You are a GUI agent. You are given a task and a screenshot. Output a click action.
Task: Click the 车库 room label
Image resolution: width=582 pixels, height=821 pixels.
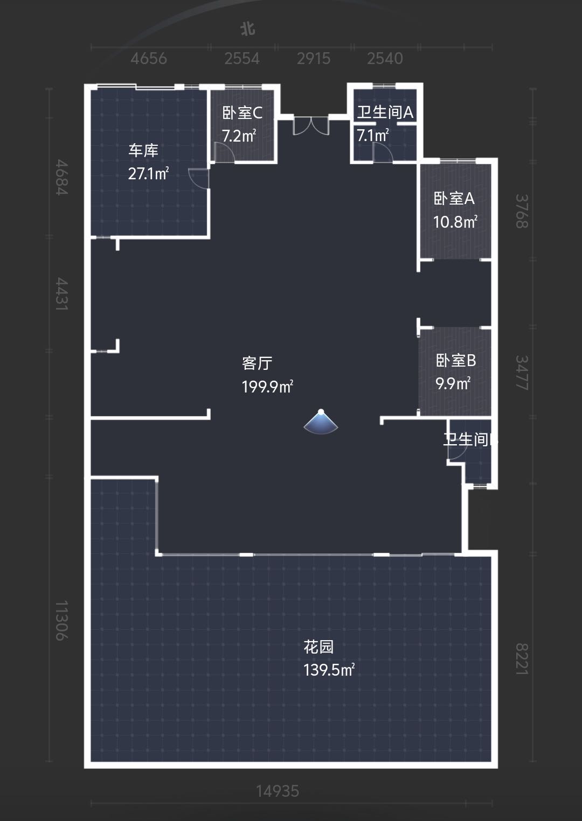(143, 150)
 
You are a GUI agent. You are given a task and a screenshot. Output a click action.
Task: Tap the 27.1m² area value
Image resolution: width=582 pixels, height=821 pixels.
(148, 173)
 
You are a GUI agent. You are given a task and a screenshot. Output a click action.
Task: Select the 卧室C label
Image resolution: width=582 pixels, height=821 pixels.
(242, 113)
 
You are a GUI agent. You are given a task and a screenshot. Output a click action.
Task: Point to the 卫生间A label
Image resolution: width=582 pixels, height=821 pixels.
(385, 112)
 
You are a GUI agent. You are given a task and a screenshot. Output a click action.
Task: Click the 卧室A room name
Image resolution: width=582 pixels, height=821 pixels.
(454, 199)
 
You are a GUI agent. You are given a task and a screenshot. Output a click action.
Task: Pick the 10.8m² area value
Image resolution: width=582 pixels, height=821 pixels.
(455, 221)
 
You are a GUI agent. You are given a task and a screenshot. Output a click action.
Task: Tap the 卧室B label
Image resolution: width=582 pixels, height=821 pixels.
(455, 360)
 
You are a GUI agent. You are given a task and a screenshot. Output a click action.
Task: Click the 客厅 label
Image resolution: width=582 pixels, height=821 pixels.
(257, 363)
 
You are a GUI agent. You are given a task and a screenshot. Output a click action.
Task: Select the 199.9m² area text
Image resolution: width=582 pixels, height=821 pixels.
(267, 387)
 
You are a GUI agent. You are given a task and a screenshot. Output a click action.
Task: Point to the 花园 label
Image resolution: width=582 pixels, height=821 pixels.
(318, 647)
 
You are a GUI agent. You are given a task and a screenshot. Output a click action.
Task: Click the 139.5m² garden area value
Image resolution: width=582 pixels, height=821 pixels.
(329, 670)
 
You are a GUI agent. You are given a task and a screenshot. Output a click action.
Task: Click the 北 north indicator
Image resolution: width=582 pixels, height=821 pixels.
(247, 29)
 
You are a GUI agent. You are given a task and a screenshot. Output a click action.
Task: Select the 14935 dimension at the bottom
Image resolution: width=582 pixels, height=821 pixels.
(277, 791)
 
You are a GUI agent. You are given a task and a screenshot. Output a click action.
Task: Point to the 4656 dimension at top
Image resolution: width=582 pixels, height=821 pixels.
(149, 58)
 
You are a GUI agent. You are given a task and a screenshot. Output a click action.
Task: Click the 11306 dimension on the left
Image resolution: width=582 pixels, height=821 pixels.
(62, 620)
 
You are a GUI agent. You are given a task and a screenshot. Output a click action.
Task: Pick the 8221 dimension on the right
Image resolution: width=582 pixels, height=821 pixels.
(522, 659)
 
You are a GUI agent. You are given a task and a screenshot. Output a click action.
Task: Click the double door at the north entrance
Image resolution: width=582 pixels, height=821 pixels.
(311, 125)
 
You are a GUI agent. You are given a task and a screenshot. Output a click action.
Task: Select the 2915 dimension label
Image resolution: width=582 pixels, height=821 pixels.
(314, 58)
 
